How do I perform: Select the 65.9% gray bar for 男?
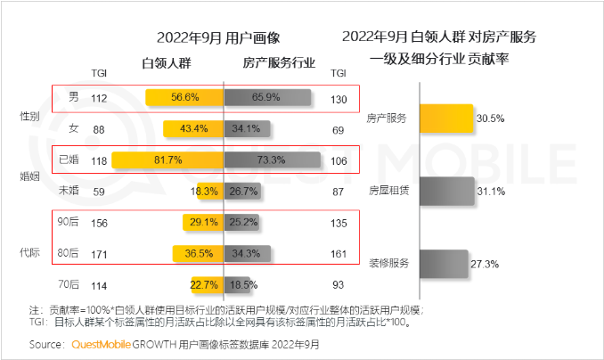click(x=267, y=99)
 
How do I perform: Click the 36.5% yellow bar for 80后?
click(x=197, y=254)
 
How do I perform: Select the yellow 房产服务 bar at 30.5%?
click(x=445, y=118)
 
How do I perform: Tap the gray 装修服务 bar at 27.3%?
click(x=442, y=264)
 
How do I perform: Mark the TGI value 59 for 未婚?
click(x=99, y=192)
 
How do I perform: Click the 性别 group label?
click(x=30, y=116)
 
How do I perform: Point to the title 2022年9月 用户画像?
click(x=217, y=38)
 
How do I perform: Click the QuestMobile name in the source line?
click(x=102, y=344)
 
